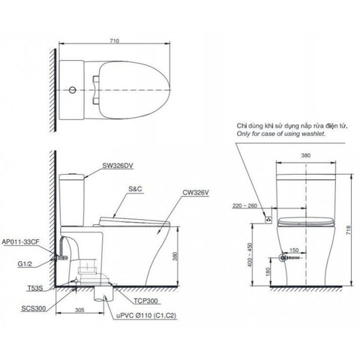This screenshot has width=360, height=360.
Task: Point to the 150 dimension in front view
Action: tap(295, 250)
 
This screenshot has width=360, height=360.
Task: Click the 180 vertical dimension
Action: tap(268, 271)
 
